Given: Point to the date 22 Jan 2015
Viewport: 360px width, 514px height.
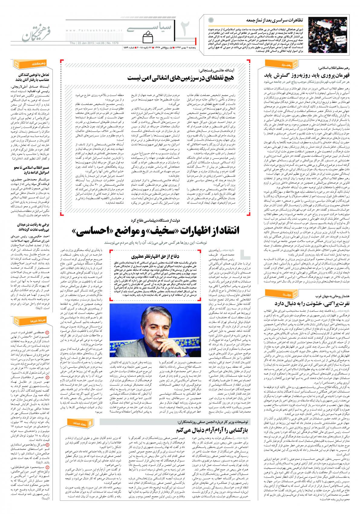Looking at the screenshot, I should coord(88,43).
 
